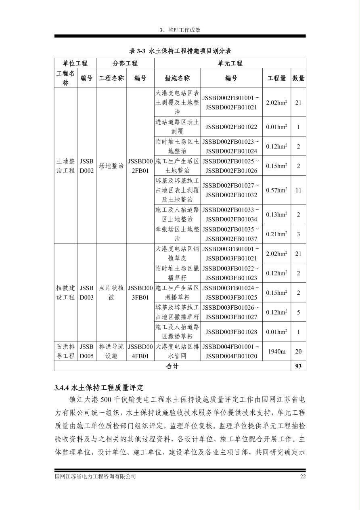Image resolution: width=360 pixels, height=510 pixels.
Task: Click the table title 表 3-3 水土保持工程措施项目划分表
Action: click(x=180, y=51)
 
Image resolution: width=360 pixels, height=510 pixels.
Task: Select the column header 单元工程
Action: click(x=230, y=63)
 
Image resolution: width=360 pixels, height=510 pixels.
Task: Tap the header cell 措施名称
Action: click(x=177, y=78)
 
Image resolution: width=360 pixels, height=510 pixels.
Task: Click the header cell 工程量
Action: click(x=276, y=78)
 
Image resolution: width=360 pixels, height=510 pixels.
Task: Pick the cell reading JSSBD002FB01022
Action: click(x=231, y=127)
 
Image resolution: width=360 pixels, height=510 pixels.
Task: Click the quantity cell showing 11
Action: click(x=298, y=190)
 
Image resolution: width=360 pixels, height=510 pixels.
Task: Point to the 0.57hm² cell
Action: click(x=276, y=190)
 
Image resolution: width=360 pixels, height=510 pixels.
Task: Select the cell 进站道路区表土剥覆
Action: click(x=177, y=127)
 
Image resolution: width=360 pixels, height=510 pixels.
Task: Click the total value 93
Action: click(x=298, y=366)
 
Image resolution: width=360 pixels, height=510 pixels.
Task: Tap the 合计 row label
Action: click(x=172, y=366)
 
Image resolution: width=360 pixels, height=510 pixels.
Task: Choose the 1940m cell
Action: click(x=276, y=351)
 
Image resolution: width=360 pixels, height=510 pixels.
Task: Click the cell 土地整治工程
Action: click(x=65, y=166)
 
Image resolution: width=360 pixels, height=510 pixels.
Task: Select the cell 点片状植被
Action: click(x=111, y=293)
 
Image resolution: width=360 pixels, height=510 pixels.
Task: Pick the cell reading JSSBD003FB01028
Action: click(x=231, y=332)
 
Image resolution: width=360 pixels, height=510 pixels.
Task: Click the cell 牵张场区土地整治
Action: click(x=177, y=234)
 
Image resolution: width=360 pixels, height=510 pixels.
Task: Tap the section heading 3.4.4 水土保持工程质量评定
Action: click(x=99, y=388)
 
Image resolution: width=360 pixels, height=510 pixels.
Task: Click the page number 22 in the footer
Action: click(x=303, y=476)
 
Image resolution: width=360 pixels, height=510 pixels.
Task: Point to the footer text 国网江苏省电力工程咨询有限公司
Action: click(x=95, y=476)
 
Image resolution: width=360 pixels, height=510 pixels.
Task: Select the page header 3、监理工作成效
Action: click(x=180, y=30)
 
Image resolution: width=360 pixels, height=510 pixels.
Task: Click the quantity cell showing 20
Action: click(x=298, y=351)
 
